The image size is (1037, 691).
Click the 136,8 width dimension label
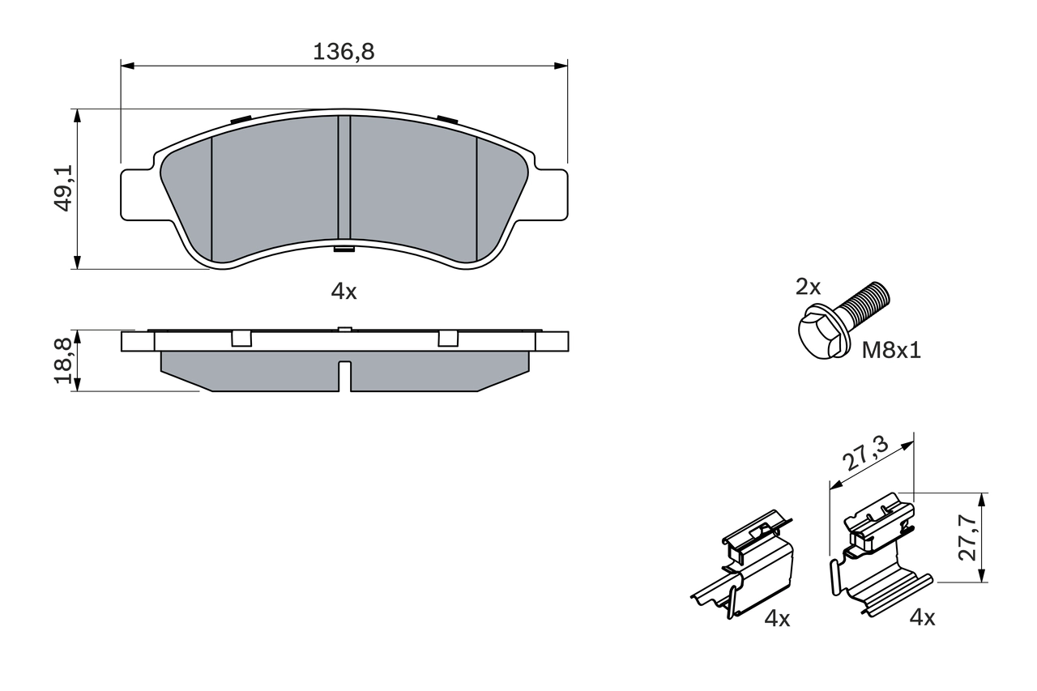pyautogui.click(x=344, y=52)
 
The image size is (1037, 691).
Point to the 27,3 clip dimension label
pyautogui.click(x=865, y=453)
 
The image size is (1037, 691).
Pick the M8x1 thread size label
pyautogui.click(x=891, y=351)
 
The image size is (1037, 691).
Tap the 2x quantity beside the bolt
pyautogui.click(x=808, y=286)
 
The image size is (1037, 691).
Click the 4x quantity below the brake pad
pyautogui.click(x=344, y=292)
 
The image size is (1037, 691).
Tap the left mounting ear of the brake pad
pyautogui.click(x=136, y=194)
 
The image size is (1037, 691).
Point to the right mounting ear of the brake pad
pyautogui.click(x=551, y=194)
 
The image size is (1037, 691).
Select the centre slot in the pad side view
pyautogui.click(x=344, y=374)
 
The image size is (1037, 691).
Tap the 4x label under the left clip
pyautogui.click(x=777, y=619)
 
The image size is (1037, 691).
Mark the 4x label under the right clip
pyautogui.click(x=922, y=618)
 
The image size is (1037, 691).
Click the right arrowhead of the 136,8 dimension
pyautogui.click(x=561, y=65)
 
